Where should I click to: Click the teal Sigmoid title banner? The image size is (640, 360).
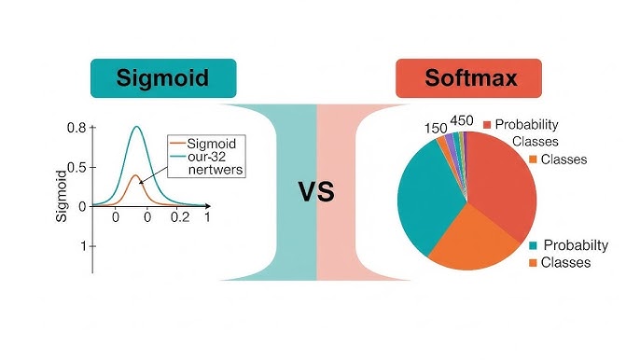pos(162,77)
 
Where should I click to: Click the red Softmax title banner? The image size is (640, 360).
pos(470,77)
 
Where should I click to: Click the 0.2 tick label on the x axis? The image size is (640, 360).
pos(178,216)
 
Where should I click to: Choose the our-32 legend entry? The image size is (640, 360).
pos(211,159)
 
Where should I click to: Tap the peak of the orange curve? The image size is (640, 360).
pos(135,174)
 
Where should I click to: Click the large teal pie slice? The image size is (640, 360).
pos(427,201)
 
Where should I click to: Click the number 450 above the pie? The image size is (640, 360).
pos(463,120)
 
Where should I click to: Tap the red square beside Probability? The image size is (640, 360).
pos(486,124)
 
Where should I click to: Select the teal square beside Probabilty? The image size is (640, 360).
pos(534,245)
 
